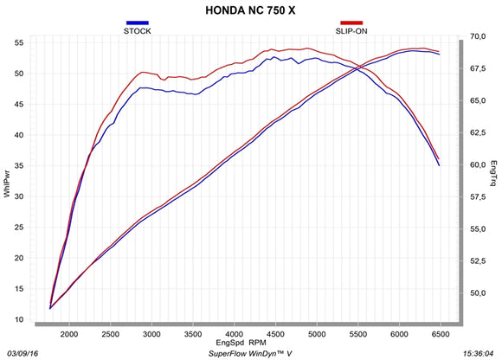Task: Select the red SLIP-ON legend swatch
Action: (351, 22)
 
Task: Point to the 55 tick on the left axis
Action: (19, 42)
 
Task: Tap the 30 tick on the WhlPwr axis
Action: (19, 196)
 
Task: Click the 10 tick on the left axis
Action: (19, 320)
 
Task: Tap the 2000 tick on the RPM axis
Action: (69, 333)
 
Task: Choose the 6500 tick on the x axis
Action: (440, 333)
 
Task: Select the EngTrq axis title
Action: (494, 173)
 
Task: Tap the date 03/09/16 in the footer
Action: (23, 353)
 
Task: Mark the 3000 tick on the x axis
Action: (151, 333)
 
